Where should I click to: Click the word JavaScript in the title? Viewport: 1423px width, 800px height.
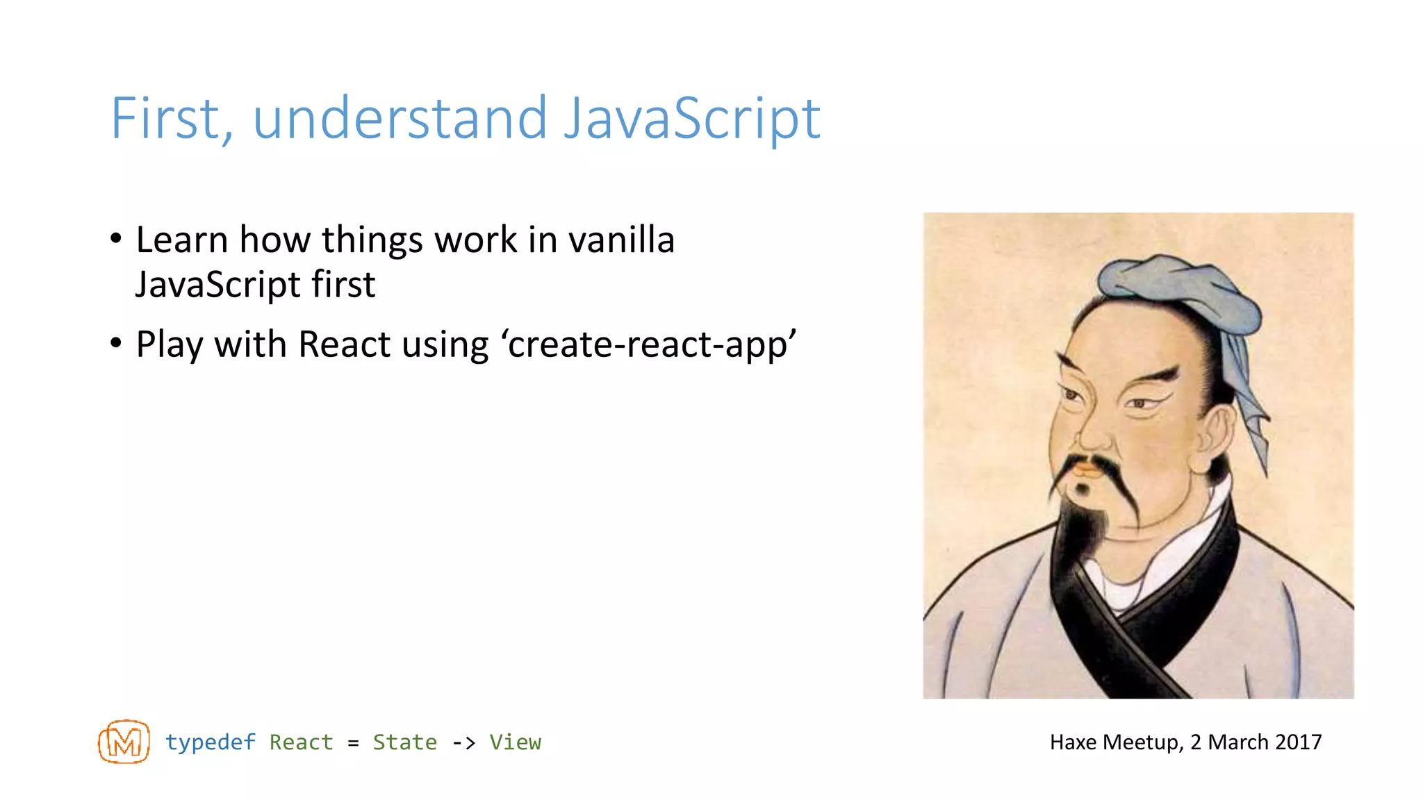[691, 119]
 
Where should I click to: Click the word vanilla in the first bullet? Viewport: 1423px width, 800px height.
[621, 240]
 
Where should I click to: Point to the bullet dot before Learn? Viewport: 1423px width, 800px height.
[116, 239]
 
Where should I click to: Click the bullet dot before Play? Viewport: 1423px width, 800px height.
[116, 342]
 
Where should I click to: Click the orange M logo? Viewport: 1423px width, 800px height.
[124, 742]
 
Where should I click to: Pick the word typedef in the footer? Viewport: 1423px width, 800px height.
[210, 742]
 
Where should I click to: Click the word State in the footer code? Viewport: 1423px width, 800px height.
[404, 742]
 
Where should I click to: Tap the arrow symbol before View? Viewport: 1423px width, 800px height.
[463, 743]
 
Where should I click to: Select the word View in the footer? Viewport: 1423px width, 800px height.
[515, 742]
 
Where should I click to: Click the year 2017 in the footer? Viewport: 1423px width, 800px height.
[1298, 742]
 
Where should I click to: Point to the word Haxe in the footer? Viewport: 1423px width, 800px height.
[1074, 742]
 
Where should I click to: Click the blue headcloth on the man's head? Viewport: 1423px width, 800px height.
[1174, 292]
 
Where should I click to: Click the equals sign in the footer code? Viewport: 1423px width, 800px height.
[353, 743]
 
